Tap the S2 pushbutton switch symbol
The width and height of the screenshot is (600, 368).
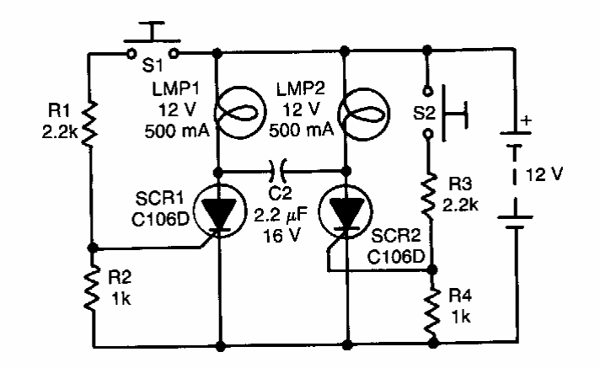click(444, 113)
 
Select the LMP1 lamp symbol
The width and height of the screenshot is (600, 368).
click(240, 113)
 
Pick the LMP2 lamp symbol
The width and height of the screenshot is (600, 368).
click(364, 114)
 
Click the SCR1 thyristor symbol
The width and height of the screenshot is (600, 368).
click(220, 211)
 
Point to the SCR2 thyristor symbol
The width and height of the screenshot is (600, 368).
click(346, 213)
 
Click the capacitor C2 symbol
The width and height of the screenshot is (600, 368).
click(278, 171)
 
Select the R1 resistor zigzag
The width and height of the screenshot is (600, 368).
click(89, 124)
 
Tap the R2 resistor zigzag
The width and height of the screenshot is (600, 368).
click(92, 289)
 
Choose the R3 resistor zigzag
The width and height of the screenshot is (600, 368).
click(429, 196)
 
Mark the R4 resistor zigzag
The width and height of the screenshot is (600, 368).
click(432, 311)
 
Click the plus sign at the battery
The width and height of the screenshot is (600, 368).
click(527, 120)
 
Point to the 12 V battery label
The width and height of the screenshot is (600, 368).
click(544, 174)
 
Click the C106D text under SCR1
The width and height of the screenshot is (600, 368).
click(160, 219)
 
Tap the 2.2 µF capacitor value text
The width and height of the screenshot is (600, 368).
click(281, 215)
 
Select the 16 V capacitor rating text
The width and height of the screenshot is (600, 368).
click(282, 235)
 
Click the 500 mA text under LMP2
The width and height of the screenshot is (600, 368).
click(301, 131)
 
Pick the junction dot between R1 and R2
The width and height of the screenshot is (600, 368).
click(93, 248)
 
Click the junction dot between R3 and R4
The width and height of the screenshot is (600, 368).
click(432, 269)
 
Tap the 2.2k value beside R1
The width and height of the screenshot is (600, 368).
click(60, 132)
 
